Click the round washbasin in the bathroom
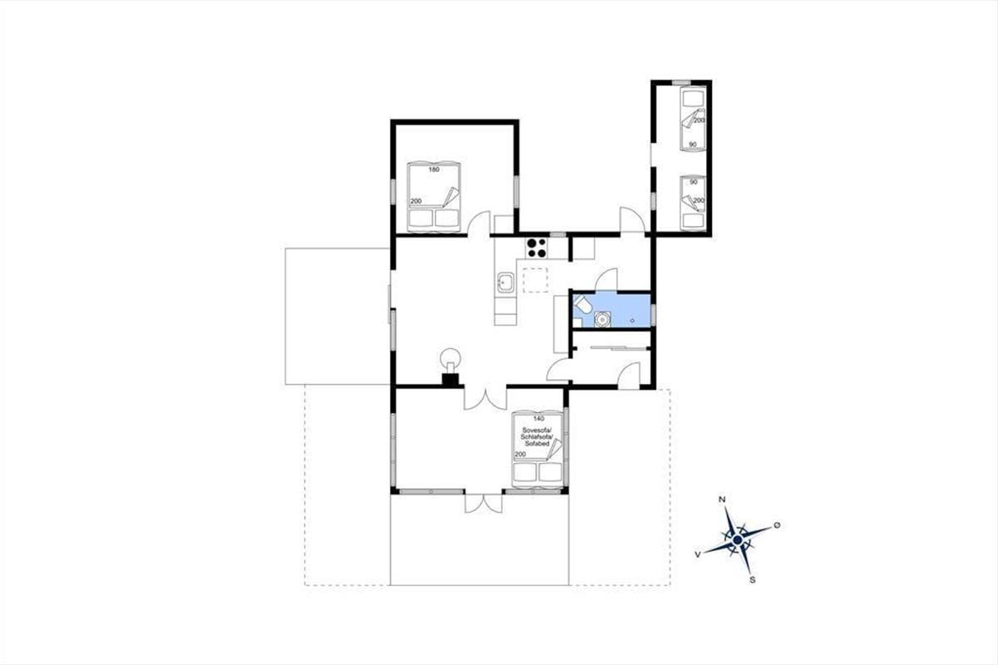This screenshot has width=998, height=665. [602, 319]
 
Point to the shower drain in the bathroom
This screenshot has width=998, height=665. [632, 320]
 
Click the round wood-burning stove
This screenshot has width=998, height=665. [451, 358]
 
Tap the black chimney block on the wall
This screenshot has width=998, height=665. [450, 381]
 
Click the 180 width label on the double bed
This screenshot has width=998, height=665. [434, 170]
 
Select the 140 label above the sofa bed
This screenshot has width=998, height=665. [539, 419]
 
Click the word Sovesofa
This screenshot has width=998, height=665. [537, 430]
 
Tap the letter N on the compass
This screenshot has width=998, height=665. [721, 500]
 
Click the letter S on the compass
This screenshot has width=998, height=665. [753, 580]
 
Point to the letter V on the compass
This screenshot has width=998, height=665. [698, 554]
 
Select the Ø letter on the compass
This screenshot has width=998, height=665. [777, 525]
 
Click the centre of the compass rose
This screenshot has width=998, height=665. [738, 540]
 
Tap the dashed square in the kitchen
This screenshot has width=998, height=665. [536, 280]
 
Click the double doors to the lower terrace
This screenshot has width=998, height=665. [483, 502]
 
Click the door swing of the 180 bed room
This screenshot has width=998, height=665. [478, 222]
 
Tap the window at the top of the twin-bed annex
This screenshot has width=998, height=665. [681, 82]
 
